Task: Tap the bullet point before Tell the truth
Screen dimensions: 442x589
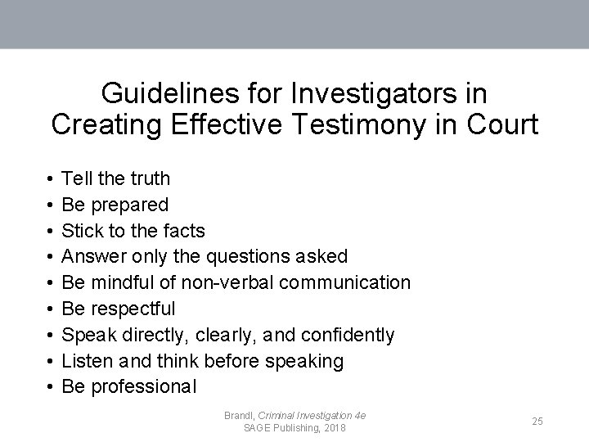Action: tap(51, 178)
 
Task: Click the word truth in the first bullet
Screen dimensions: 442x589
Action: tap(150, 178)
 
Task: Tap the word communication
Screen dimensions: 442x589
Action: tap(342, 282)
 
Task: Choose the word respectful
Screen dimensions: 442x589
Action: tap(133, 309)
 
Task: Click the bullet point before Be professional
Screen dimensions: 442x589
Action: tap(51, 387)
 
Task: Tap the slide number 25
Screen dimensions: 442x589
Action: tap(537, 421)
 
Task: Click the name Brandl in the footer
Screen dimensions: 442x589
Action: tap(239, 415)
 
